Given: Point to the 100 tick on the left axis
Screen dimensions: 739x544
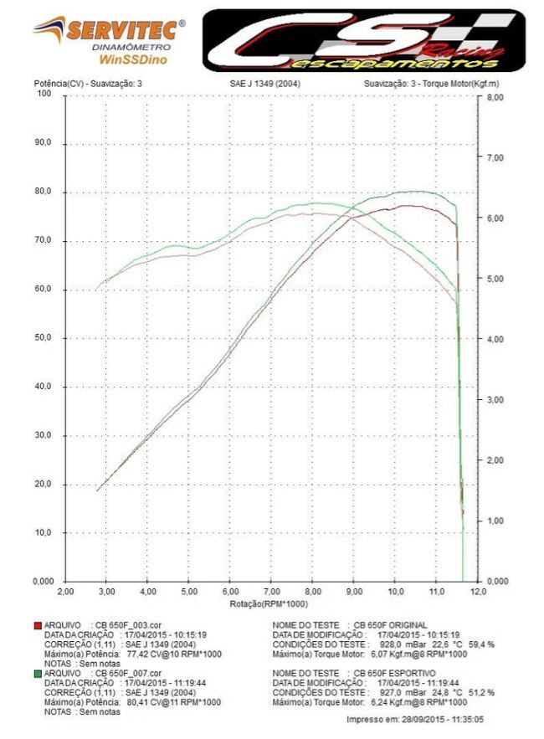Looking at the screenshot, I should tap(44, 94).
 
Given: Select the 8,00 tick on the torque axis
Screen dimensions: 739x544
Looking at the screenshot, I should tap(495, 98).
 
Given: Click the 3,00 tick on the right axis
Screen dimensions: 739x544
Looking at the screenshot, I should tap(495, 400).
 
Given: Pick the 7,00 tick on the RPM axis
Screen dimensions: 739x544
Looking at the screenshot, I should tap(270, 592).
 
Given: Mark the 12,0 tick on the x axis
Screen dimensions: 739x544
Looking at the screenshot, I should tap(478, 592).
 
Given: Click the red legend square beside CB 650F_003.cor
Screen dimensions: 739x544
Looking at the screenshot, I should tap(36, 625).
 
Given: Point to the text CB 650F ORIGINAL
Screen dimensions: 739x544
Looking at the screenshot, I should tap(390, 625).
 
